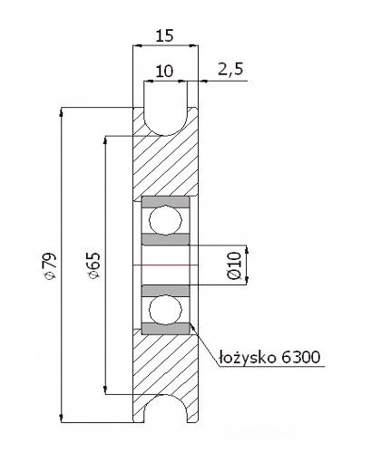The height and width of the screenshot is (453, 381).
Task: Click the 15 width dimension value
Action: tap(165, 35)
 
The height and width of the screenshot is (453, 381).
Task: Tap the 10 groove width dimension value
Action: tap(165, 72)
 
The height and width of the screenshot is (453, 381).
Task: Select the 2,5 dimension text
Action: tap(230, 70)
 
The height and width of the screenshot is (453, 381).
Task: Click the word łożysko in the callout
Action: tap(248, 358)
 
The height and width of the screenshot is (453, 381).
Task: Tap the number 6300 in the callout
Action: tap(300, 357)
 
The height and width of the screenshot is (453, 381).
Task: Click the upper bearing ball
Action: tap(165, 220)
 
